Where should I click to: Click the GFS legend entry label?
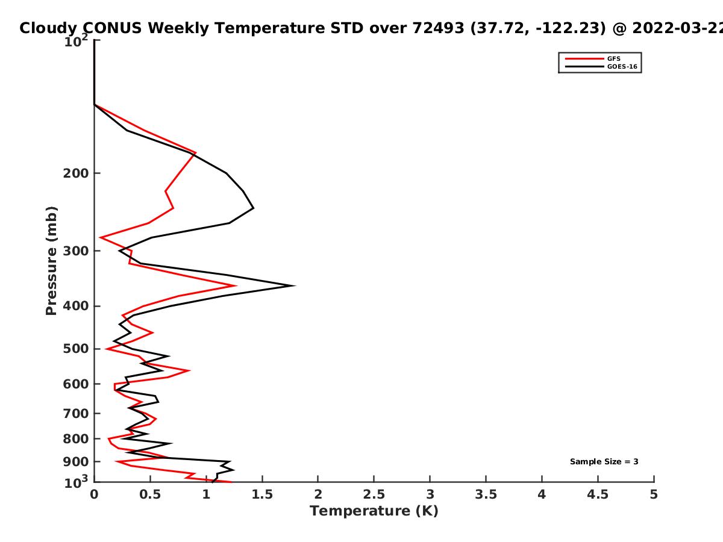613,58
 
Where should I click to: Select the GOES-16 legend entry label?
622,66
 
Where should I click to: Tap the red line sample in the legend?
584,58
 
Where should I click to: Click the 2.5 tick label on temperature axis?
374,494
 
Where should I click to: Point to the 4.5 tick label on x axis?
598,494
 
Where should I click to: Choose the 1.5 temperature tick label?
262,494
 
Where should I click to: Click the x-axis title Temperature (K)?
374,511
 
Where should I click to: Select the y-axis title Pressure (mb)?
51,261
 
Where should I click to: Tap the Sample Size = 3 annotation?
604,462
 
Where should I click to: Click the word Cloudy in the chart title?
48,28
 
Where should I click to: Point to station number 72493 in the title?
438,28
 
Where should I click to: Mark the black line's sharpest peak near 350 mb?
293,285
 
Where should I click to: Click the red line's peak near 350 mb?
236,285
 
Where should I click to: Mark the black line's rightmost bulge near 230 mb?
253,208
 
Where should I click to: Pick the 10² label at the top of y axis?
76,40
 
